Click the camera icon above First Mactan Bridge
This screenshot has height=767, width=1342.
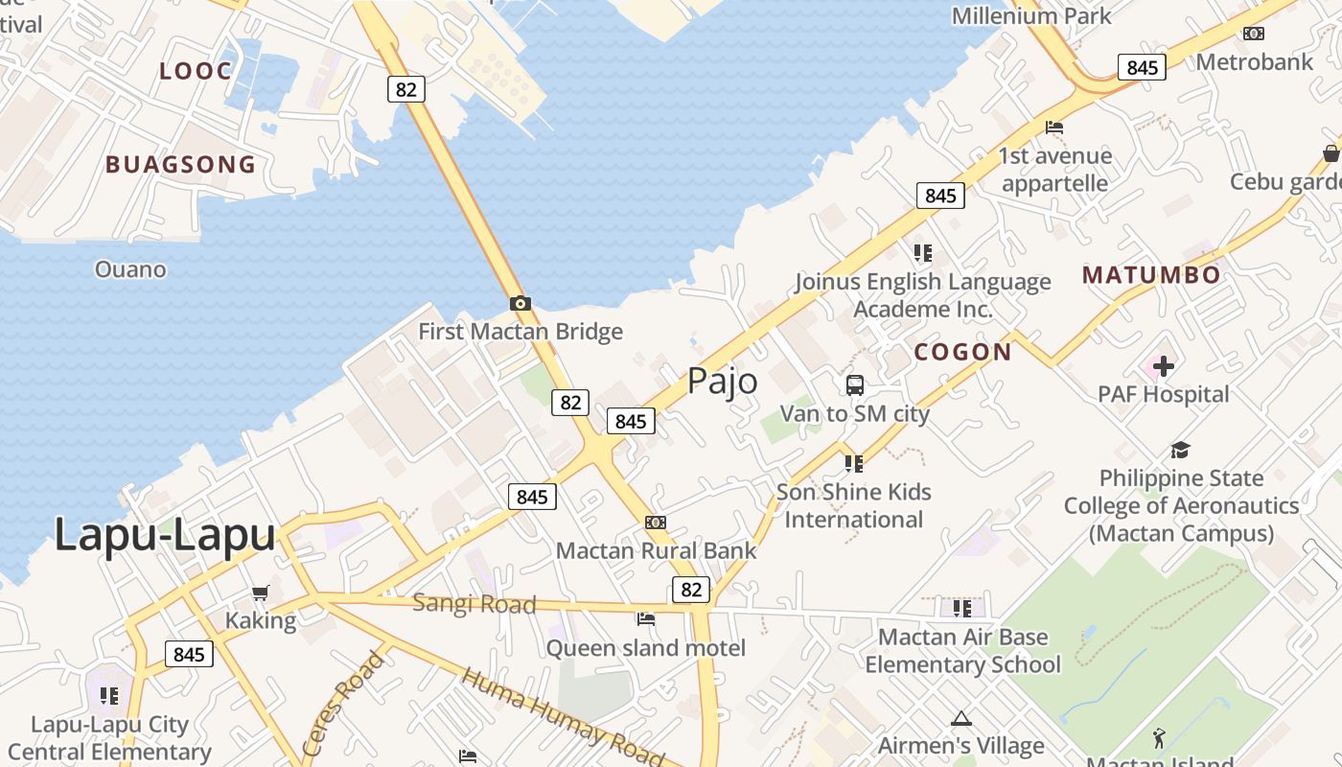click(521, 304)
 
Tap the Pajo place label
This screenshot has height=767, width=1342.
click(722, 381)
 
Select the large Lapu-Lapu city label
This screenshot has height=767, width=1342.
click(165, 534)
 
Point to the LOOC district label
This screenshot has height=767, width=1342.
click(196, 71)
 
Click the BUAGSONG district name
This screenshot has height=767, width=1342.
click(181, 165)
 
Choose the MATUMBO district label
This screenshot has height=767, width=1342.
click(1151, 275)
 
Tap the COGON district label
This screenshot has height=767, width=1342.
click(962, 352)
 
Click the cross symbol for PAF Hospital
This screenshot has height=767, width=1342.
click(1163, 365)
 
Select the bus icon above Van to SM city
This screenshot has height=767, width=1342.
click(855, 385)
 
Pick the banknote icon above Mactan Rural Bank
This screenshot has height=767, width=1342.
click(656, 523)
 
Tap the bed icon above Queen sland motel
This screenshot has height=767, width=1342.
click(646, 619)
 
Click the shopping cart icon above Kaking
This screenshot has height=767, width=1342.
click(260, 593)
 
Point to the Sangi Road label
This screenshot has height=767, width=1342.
click(474, 604)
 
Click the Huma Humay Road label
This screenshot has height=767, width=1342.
click(563, 717)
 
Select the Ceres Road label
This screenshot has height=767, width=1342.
click(343, 703)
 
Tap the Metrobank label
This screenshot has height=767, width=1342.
click(1255, 62)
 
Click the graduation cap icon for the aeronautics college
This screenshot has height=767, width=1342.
click(1181, 450)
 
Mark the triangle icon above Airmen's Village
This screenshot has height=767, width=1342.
click(960, 718)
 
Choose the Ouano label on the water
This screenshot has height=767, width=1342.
click(130, 269)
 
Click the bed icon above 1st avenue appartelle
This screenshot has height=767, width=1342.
click(1054, 128)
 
